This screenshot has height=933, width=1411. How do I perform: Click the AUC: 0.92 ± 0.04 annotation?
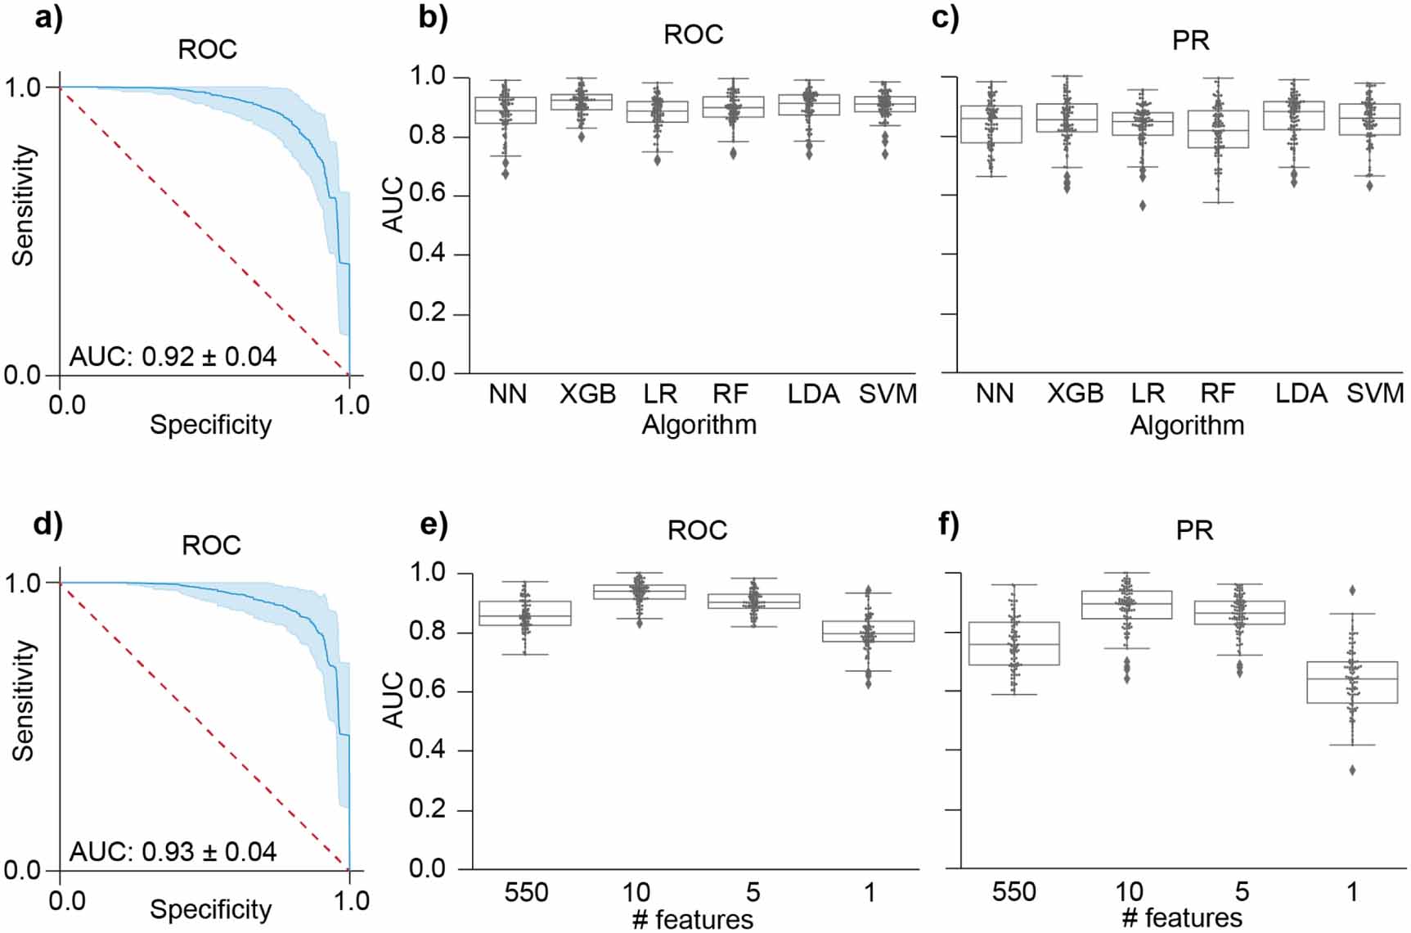[x=173, y=357]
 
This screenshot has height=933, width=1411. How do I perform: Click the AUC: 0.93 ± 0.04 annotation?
[x=173, y=852]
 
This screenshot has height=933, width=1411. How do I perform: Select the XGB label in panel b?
[x=587, y=394]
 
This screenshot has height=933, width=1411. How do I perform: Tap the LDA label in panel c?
[x=1301, y=394]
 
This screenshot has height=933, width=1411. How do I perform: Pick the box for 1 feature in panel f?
[x=1351, y=682]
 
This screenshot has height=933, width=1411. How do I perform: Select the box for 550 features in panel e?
[x=524, y=613]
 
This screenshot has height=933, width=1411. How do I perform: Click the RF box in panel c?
[x=1218, y=128]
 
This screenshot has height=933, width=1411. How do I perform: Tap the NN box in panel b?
[x=506, y=110]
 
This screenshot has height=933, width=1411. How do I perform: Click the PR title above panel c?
[x=1190, y=40]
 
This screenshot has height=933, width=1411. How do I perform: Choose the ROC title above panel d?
[x=211, y=546]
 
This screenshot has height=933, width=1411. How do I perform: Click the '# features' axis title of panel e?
[x=692, y=919]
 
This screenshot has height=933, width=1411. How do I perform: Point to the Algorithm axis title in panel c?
[x=1187, y=426]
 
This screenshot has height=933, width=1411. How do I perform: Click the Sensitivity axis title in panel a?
[x=24, y=205]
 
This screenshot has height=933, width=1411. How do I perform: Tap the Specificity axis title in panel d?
[x=210, y=909]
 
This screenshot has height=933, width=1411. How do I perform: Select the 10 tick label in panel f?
[x=1129, y=891]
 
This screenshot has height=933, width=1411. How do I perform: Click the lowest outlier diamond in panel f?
[x=1352, y=770]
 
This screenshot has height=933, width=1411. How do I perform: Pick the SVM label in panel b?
[x=887, y=394]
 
